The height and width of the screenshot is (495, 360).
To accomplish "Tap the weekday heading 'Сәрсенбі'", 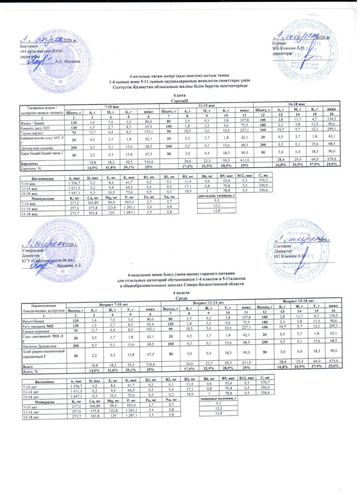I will [180, 101].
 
